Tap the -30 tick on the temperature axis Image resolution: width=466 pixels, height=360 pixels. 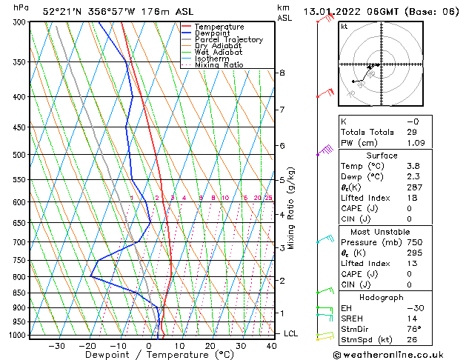[57, 345]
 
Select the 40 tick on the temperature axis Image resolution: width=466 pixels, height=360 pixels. [271, 345]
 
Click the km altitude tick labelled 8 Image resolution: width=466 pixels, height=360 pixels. [282, 73]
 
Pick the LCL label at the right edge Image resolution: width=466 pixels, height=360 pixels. [291, 333]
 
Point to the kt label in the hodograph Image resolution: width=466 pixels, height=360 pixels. [344, 27]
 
